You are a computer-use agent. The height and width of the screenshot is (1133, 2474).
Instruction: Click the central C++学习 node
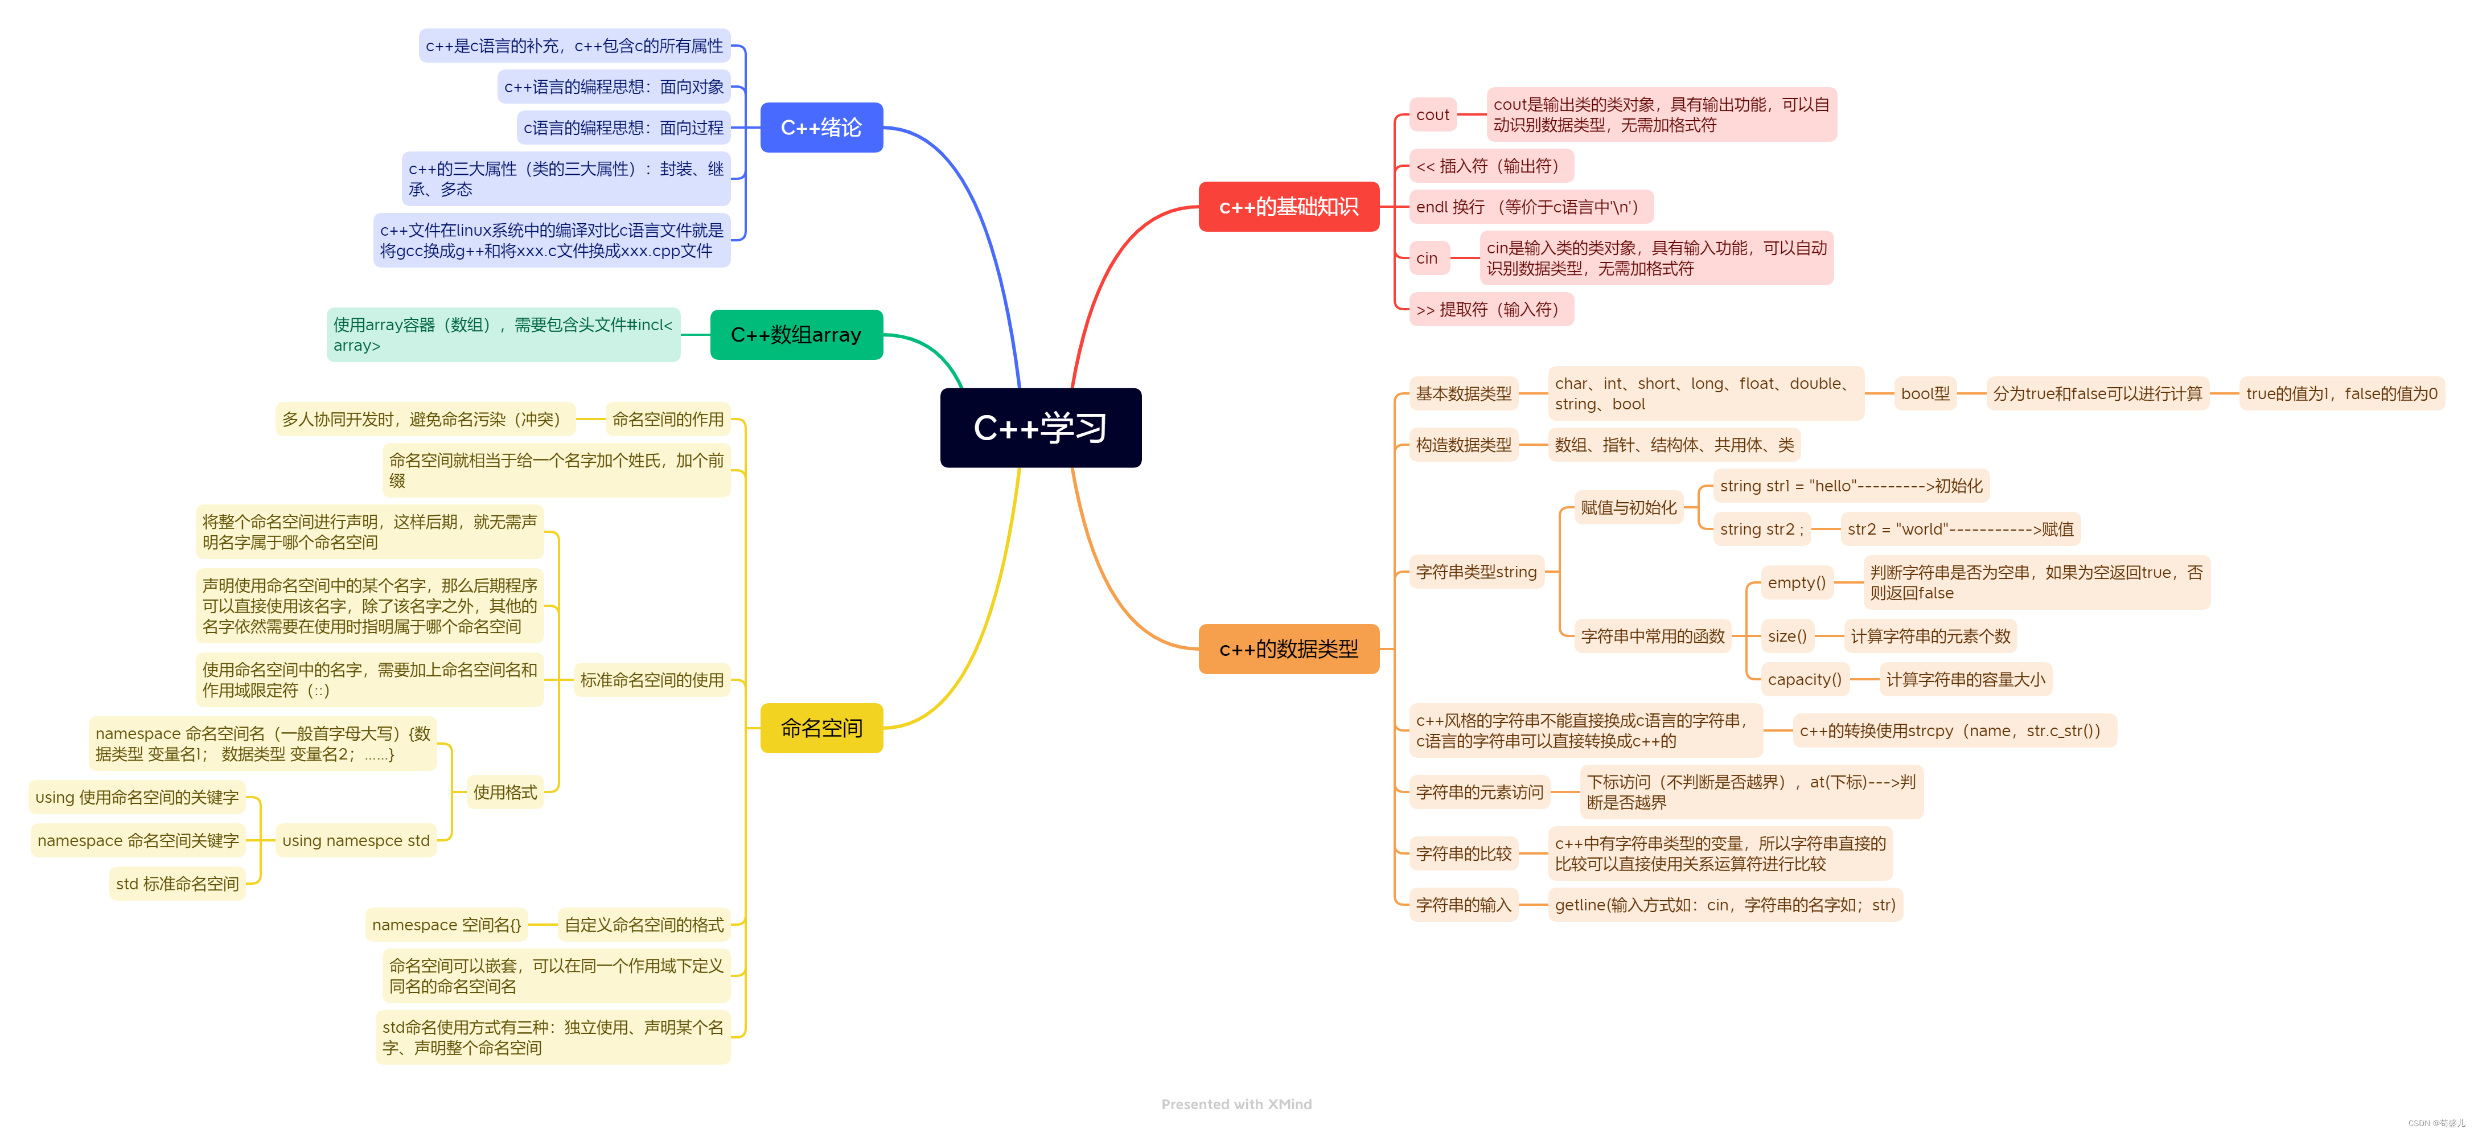pyautogui.click(x=1040, y=427)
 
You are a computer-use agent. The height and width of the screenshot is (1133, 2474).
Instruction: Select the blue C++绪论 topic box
pyautogui.click(x=821, y=127)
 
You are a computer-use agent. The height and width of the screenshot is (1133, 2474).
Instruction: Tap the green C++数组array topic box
pyautogui.click(x=796, y=334)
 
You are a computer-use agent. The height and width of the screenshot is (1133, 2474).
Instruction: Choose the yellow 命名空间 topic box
pyautogui.click(x=821, y=728)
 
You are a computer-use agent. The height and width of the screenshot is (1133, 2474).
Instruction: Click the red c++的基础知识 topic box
pyautogui.click(x=1288, y=207)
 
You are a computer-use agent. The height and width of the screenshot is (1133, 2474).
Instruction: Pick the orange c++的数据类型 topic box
pyautogui.click(x=1288, y=649)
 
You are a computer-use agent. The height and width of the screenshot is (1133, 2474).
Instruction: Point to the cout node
pyautogui.click(x=1432, y=115)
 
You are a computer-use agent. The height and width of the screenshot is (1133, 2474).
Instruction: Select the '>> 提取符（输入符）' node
pyautogui.click(x=1490, y=309)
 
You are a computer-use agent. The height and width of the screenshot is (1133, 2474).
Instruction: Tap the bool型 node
pyautogui.click(x=1925, y=393)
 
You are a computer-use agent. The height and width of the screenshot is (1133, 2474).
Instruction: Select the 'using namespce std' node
pyautogui.click(x=355, y=841)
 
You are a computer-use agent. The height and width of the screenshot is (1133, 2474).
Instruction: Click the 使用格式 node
pyautogui.click(x=504, y=792)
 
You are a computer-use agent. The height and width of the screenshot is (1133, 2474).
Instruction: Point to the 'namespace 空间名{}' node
pyautogui.click(x=447, y=925)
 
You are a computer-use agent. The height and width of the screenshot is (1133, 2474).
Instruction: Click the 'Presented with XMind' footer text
pyautogui.click(x=1236, y=1104)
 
